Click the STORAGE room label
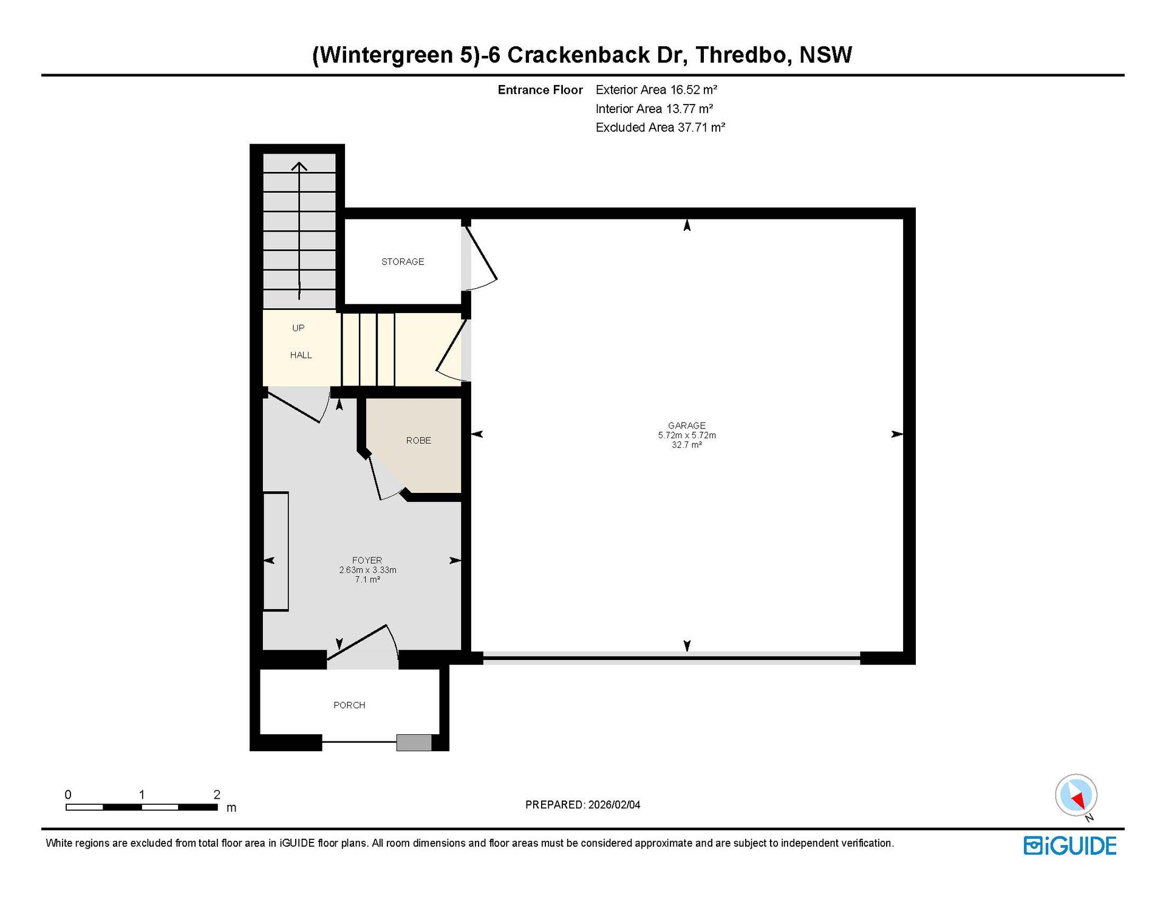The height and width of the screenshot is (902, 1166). coord(403,262)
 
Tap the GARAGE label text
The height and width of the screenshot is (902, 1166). coord(687,425)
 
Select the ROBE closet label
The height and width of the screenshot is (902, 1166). coord(418,441)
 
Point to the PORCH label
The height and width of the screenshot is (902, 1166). coord(349,705)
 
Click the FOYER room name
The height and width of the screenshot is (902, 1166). coord(367,560)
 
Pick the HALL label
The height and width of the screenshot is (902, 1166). coord(301,356)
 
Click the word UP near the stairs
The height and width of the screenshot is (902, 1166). coord(298,328)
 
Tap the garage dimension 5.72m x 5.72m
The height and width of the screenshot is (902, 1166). coord(687,435)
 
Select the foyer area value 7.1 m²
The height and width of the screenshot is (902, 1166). coord(367,580)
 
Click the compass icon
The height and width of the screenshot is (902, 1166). coord(1076,795)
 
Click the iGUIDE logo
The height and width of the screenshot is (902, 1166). coord(1070,846)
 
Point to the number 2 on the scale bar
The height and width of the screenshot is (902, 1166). coord(217,794)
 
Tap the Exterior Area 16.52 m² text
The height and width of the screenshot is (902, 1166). coord(656,90)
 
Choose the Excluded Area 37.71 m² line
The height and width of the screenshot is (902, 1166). coord(661,128)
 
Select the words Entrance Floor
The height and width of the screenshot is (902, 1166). coord(540,90)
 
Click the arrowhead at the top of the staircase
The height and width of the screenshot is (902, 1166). coord(299,166)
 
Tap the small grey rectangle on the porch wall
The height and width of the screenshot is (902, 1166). coord(414,743)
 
